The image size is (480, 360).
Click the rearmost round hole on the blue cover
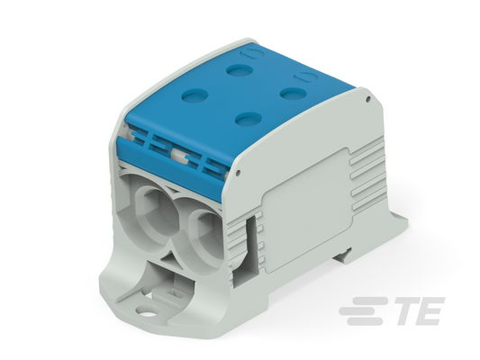pos(240,70)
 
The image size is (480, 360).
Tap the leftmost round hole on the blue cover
pos(195,95)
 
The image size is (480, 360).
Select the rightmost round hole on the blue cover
pos(294,94)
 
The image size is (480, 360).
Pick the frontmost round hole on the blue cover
pos(249,119)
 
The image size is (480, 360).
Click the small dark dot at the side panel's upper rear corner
pos(368,99)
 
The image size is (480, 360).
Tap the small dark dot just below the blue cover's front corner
pos(239,174)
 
